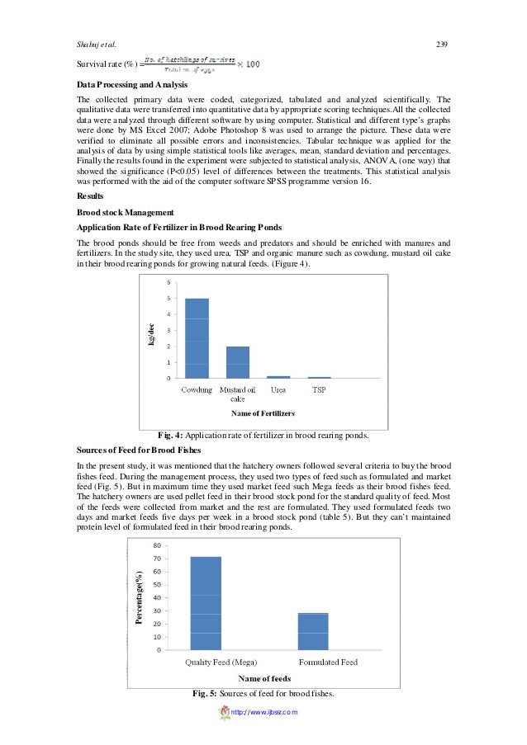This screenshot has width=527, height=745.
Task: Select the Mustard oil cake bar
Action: tap(237, 362)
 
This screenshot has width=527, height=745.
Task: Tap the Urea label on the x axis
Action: tap(278, 389)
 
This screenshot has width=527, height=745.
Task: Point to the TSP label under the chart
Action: tap(318, 389)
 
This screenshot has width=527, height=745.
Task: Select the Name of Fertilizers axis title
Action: tap(263, 413)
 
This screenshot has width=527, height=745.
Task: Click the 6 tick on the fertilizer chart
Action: tap(169, 282)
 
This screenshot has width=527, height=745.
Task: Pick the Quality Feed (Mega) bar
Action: tap(206, 603)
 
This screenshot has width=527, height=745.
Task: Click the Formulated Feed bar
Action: tap(312, 631)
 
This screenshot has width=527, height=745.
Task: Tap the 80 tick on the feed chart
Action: tap(157, 546)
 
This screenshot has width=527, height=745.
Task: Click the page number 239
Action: tap(440, 44)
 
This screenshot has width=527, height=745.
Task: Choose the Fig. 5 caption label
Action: tap(204, 692)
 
